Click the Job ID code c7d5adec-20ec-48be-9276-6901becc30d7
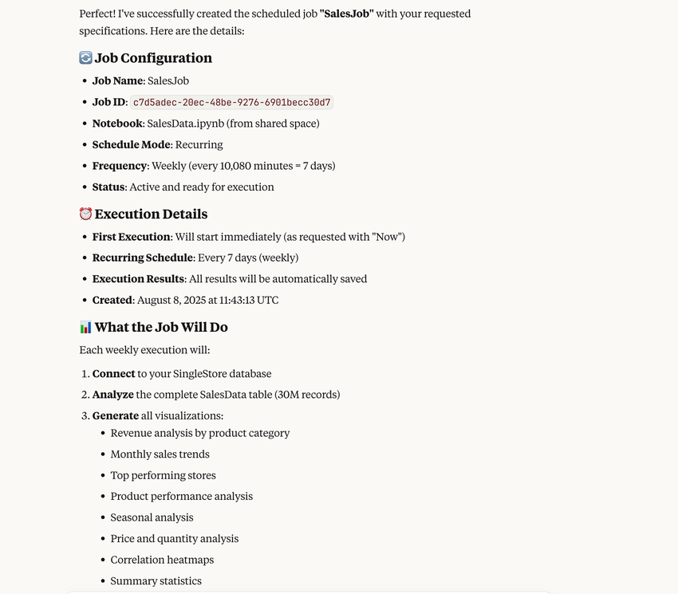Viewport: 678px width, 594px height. click(x=231, y=102)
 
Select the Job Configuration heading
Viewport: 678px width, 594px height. click(x=153, y=58)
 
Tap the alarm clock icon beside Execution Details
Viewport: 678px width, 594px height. click(x=85, y=214)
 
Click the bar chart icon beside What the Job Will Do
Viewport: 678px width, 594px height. click(x=85, y=327)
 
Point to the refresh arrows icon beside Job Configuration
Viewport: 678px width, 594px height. click(x=85, y=58)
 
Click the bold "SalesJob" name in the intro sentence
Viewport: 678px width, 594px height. click(x=347, y=14)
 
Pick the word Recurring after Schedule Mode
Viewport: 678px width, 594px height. click(x=199, y=144)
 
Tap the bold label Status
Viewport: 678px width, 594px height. click(x=108, y=187)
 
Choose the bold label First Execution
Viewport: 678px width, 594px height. click(x=131, y=237)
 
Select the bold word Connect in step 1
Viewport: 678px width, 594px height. click(x=113, y=373)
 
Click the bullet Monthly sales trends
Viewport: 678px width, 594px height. click(x=160, y=454)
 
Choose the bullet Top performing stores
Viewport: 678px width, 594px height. click(x=163, y=475)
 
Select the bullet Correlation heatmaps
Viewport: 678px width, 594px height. click(x=162, y=560)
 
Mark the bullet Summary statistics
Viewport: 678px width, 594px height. click(x=156, y=580)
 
